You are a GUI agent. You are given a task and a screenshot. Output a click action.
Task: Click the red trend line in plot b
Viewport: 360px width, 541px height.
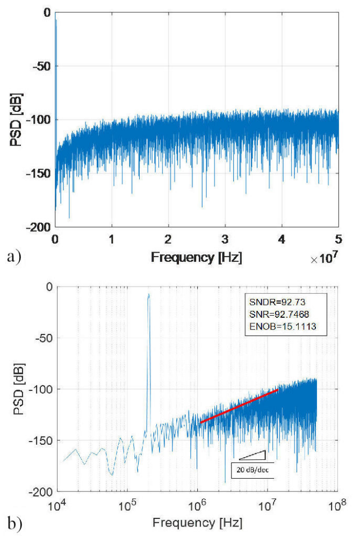tap(239, 405)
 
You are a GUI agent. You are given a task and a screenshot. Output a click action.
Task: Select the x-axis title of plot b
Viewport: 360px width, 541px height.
tap(197, 522)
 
